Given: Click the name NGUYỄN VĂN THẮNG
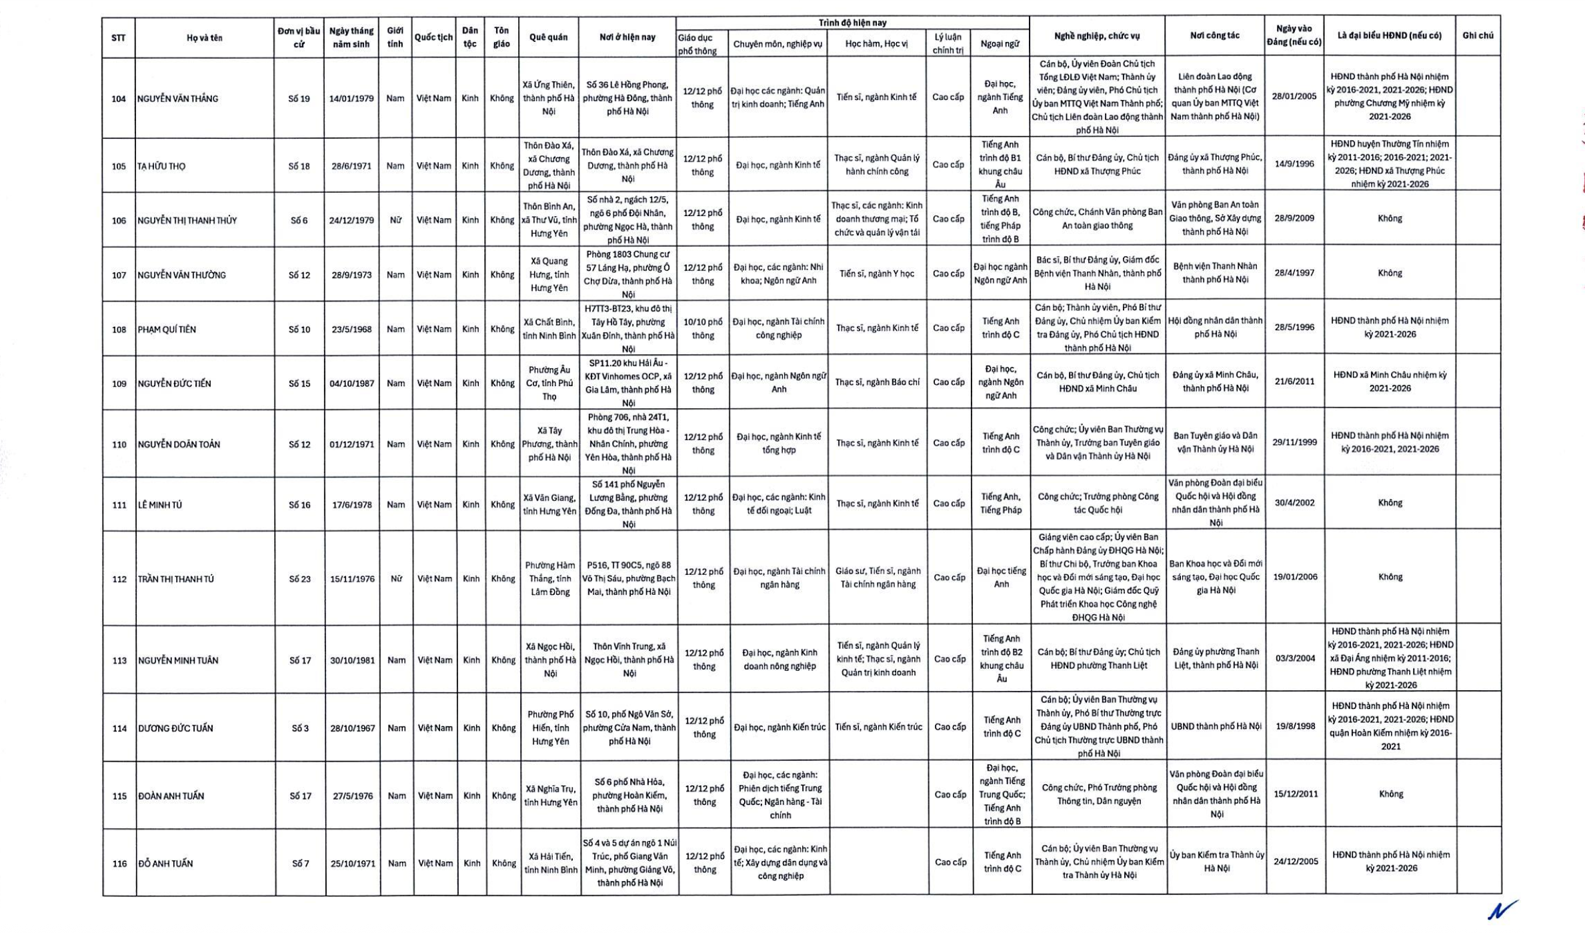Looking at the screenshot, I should tap(177, 99).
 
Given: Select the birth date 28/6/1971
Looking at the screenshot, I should tap(351, 166).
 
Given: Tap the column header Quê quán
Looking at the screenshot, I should tap(548, 37).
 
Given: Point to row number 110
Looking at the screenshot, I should tap(119, 444).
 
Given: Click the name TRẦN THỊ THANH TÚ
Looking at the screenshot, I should tap(176, 579).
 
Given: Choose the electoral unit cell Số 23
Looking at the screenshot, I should tap(300, 579).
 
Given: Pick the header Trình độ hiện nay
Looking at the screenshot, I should tap(852, 23).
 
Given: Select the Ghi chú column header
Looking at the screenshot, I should tap(1478, 35).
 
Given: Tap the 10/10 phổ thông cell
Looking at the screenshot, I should tap(703, 329).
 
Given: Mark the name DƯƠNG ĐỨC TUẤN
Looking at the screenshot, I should tap(176, 728).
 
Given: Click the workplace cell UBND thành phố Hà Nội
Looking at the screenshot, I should tap(1216, 726).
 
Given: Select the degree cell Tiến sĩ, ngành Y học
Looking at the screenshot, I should tap(877, 274).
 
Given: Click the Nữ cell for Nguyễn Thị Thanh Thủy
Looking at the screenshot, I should tap(395, 220).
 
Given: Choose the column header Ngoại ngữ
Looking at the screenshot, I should tap(1000, 44).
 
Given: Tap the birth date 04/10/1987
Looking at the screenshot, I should tap(352, 383).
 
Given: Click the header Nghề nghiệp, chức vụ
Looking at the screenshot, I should tap(1097, 36).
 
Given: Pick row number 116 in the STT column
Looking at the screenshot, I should tap(119, 864).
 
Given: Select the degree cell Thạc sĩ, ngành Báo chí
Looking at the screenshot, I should tap(877, 382).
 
